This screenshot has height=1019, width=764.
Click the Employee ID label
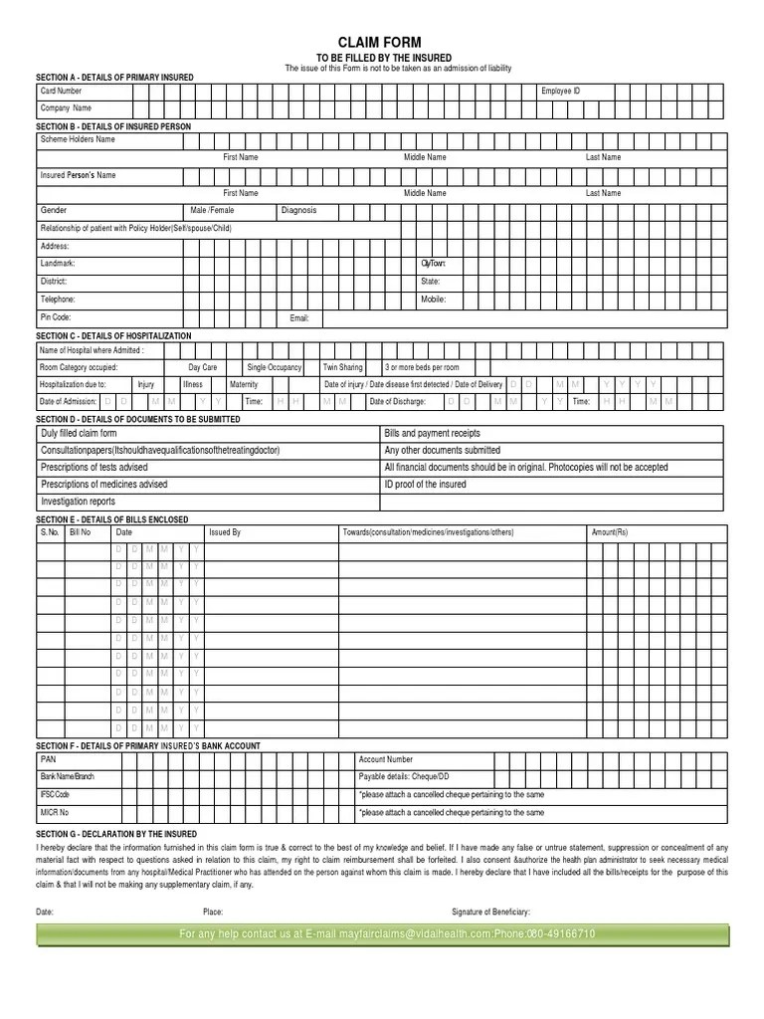[x=560, y=91]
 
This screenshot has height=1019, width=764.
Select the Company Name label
[x=66, y=107]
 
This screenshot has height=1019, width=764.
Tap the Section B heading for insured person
[x=113, y=127]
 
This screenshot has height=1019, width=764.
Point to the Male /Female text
[x=213, y=211]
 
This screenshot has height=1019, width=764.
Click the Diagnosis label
[x=298, y=211]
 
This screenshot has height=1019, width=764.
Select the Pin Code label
[x=56, y=317]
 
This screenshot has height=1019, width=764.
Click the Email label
[x=299, y=318]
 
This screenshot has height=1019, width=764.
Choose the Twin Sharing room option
[x=343, y=367]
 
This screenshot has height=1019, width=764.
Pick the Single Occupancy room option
[x=274, y=367]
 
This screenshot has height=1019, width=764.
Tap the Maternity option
[x=244, y=384]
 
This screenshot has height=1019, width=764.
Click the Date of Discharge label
[x=398, y=401]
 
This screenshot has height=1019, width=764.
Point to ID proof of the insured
[x=425, y=485]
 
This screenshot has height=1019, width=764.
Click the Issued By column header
[x=225, y=532]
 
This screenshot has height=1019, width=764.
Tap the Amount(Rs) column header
[x=610, y=532]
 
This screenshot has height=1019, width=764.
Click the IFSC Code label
[x=55, y=795]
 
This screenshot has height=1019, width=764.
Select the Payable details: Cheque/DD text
[x=403, y=777]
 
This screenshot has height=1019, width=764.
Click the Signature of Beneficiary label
[x=490, y=912]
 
